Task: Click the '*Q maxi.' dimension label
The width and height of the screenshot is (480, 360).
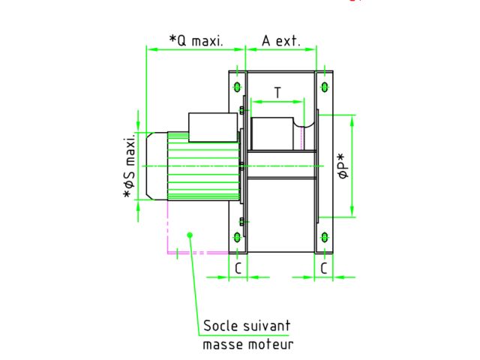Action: tap(196, 40)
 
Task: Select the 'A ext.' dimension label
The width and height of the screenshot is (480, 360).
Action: tap(281, 40)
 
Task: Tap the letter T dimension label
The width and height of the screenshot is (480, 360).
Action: tap(277, 92)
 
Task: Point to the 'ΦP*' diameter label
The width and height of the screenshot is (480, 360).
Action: tap(343, 166)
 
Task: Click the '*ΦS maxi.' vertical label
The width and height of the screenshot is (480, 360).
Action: tap(129, 165)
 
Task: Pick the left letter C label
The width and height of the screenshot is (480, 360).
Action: tap(238, 268)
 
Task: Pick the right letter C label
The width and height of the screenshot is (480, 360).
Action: tap(324, 268)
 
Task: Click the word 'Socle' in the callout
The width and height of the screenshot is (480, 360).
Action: tap(220, 325)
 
